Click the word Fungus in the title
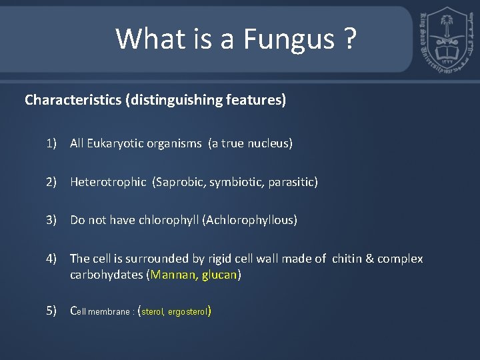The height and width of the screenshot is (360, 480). pos(289,39)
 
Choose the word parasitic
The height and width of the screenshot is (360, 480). pos(291,181)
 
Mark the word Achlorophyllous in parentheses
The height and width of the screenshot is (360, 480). pos(254,220)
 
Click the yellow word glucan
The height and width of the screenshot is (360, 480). pos(219,275)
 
